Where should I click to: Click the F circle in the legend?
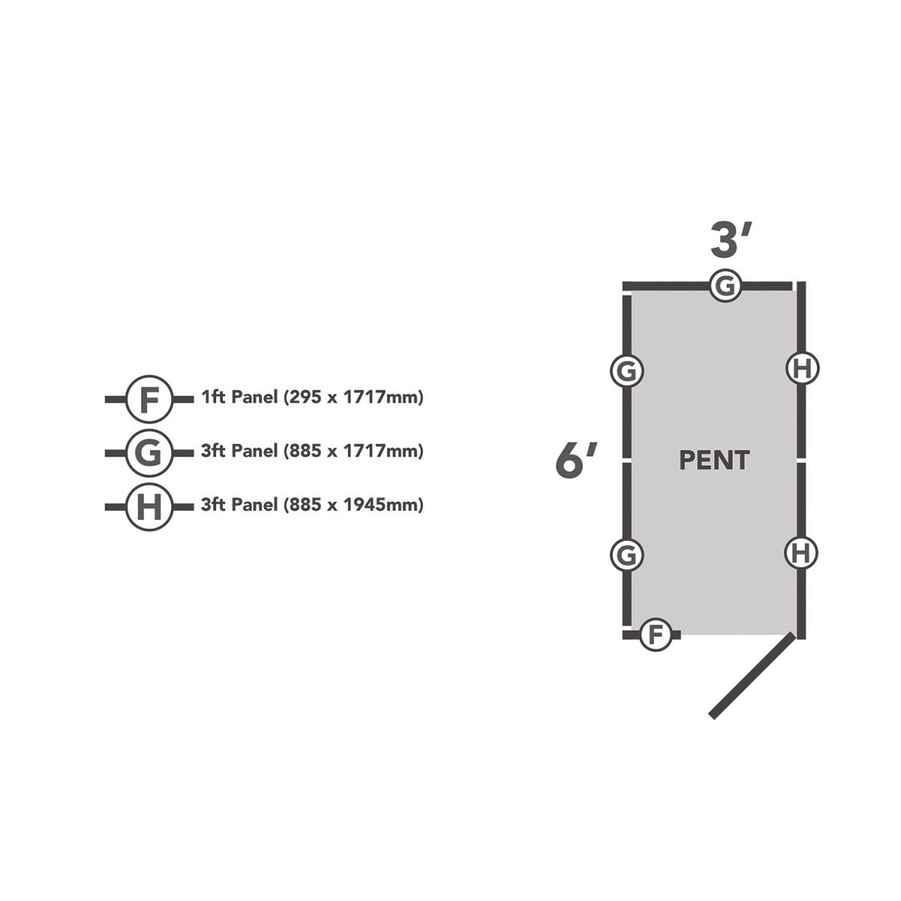(150, 399)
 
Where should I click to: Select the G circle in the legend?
(150, 453)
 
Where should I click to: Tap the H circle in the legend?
(150, 507)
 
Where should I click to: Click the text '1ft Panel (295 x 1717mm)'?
(312, 397)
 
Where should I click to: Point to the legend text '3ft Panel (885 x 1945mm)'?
(312, 505)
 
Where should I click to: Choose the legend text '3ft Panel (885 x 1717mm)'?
(312, 451)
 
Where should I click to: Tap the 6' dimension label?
(576, 460)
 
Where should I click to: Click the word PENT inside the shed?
(714, 460)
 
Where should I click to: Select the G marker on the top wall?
(726, 286)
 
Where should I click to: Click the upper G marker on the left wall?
(627, 371)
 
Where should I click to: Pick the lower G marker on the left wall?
(627, 555)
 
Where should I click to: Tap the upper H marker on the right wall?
(802, 369)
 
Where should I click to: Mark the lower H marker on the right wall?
(802, 553)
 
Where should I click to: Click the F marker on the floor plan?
(655, 635)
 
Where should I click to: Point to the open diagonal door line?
(751, 677)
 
